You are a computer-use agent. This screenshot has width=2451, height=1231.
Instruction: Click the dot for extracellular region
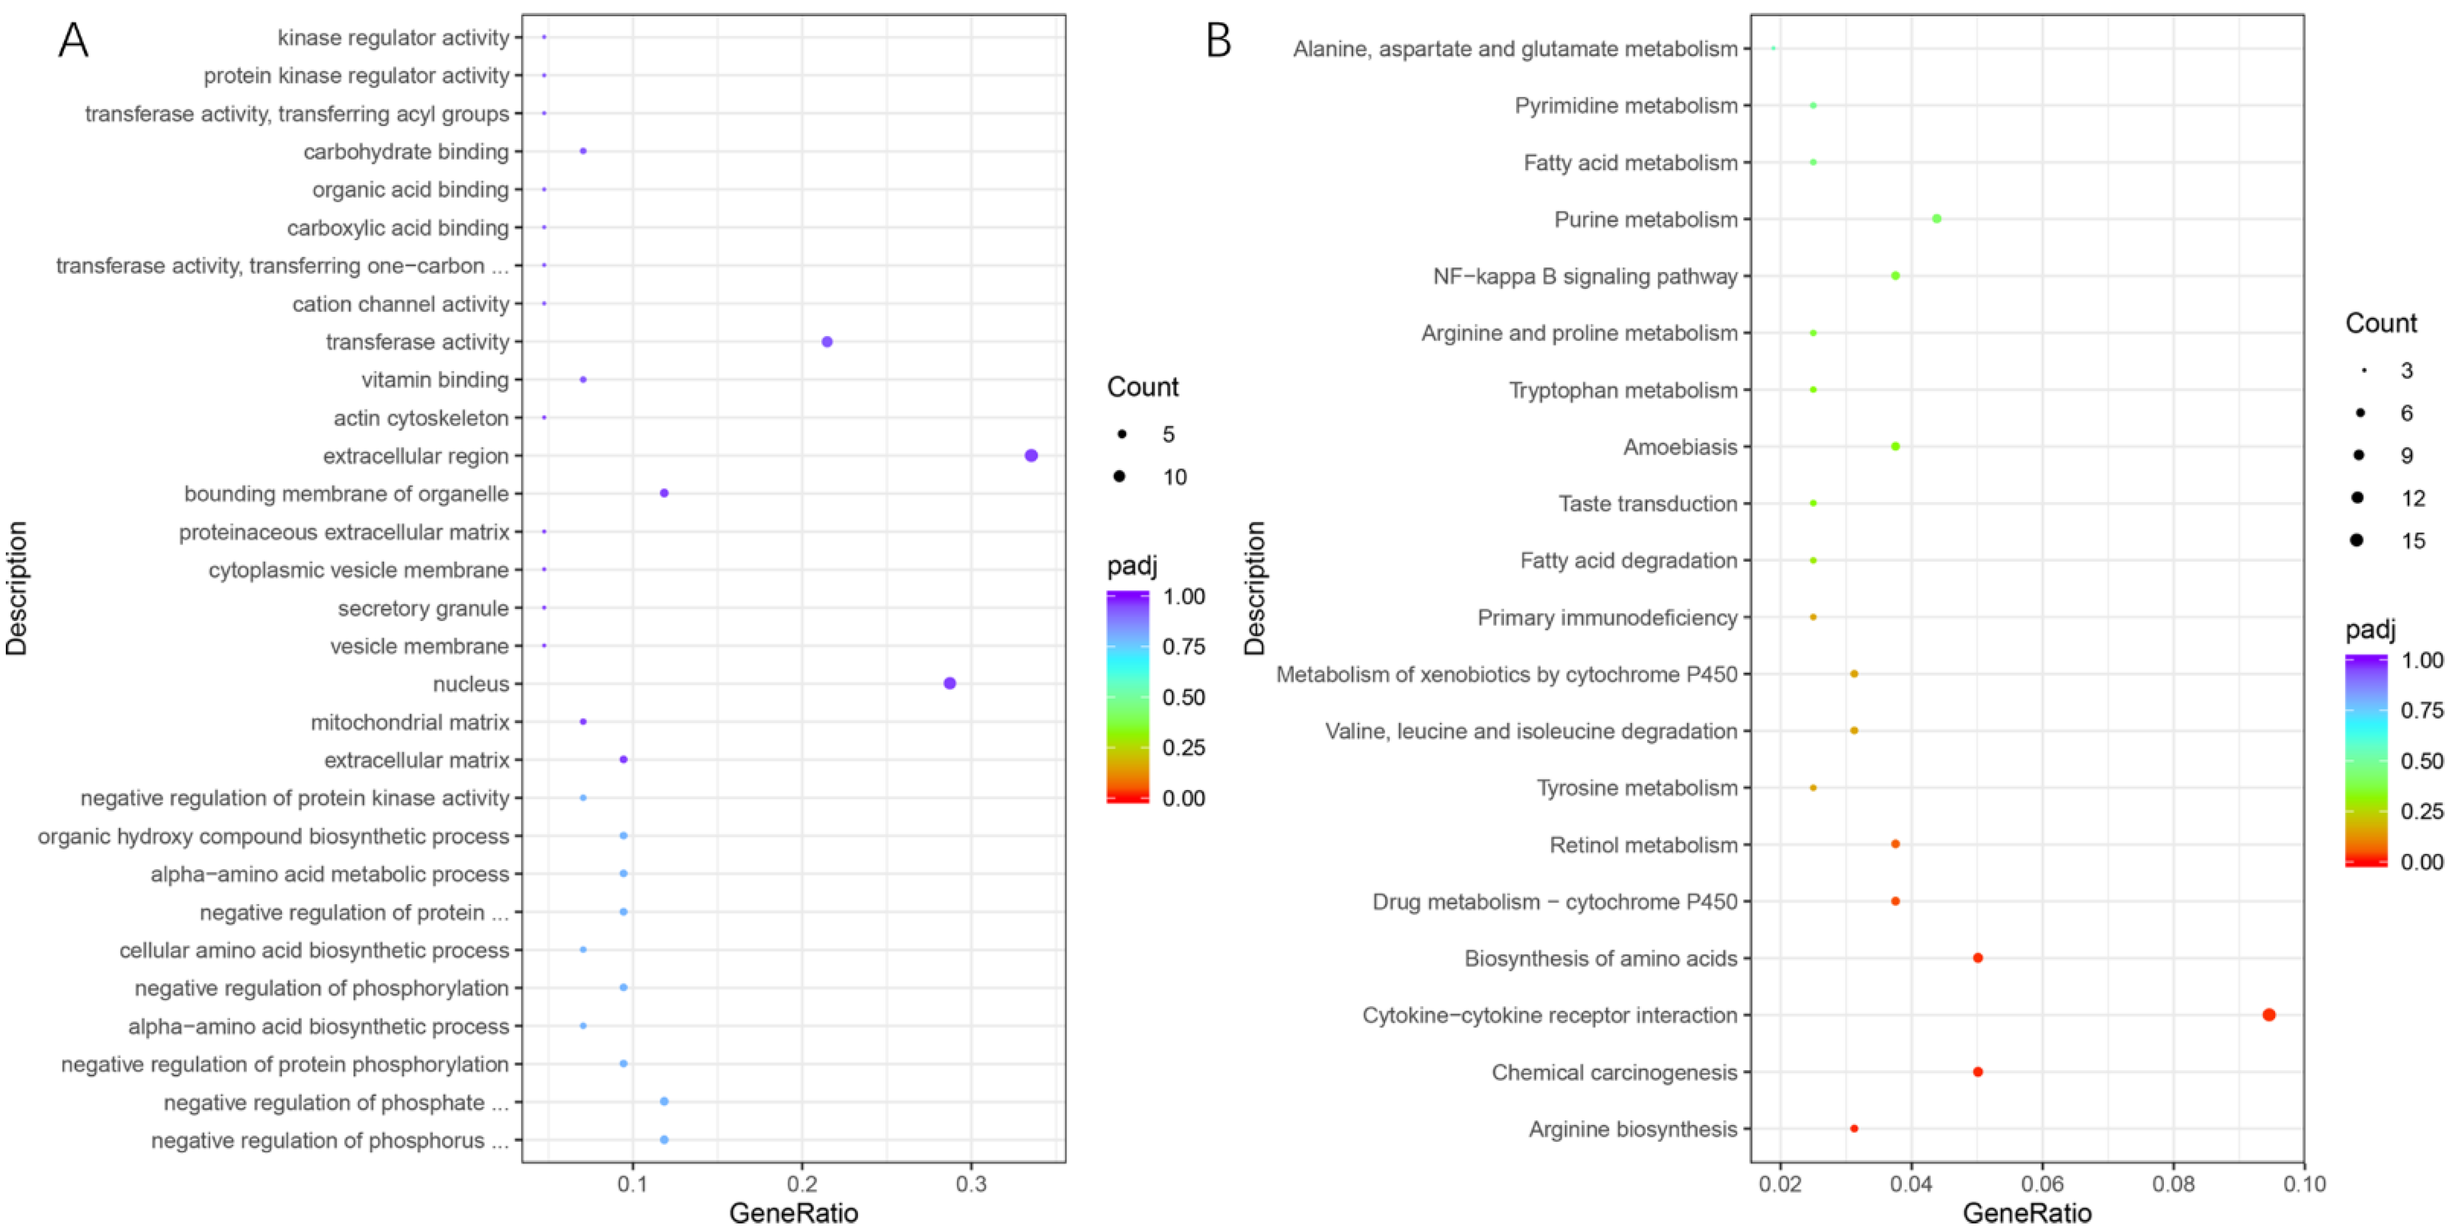[1030, 456]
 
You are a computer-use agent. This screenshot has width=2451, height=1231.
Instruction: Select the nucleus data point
[949, 683]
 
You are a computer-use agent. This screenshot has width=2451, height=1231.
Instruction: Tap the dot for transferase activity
[827, 341]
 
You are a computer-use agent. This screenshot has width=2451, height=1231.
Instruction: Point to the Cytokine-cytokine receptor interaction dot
[2268, 1015]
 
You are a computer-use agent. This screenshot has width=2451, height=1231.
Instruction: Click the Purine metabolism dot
[1936, 219]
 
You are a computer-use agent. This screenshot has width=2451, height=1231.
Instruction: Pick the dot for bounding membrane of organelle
[664, 493]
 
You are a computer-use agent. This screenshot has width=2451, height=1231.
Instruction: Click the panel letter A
[73, 41]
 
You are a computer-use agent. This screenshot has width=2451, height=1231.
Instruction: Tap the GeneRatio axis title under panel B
[2026, 1213]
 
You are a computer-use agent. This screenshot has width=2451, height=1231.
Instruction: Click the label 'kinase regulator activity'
[393, 37]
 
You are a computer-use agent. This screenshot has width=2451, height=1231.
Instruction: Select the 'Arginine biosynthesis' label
[1633, 1129]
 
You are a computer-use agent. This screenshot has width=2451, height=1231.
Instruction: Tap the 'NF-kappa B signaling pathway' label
[1585, 276]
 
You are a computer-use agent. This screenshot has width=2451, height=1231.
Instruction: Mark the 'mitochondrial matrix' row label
[410, 722]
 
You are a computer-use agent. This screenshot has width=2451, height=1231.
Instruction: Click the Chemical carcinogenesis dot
[1977, 1072]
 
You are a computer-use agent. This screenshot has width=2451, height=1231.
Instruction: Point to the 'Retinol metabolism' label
[1643, 845]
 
